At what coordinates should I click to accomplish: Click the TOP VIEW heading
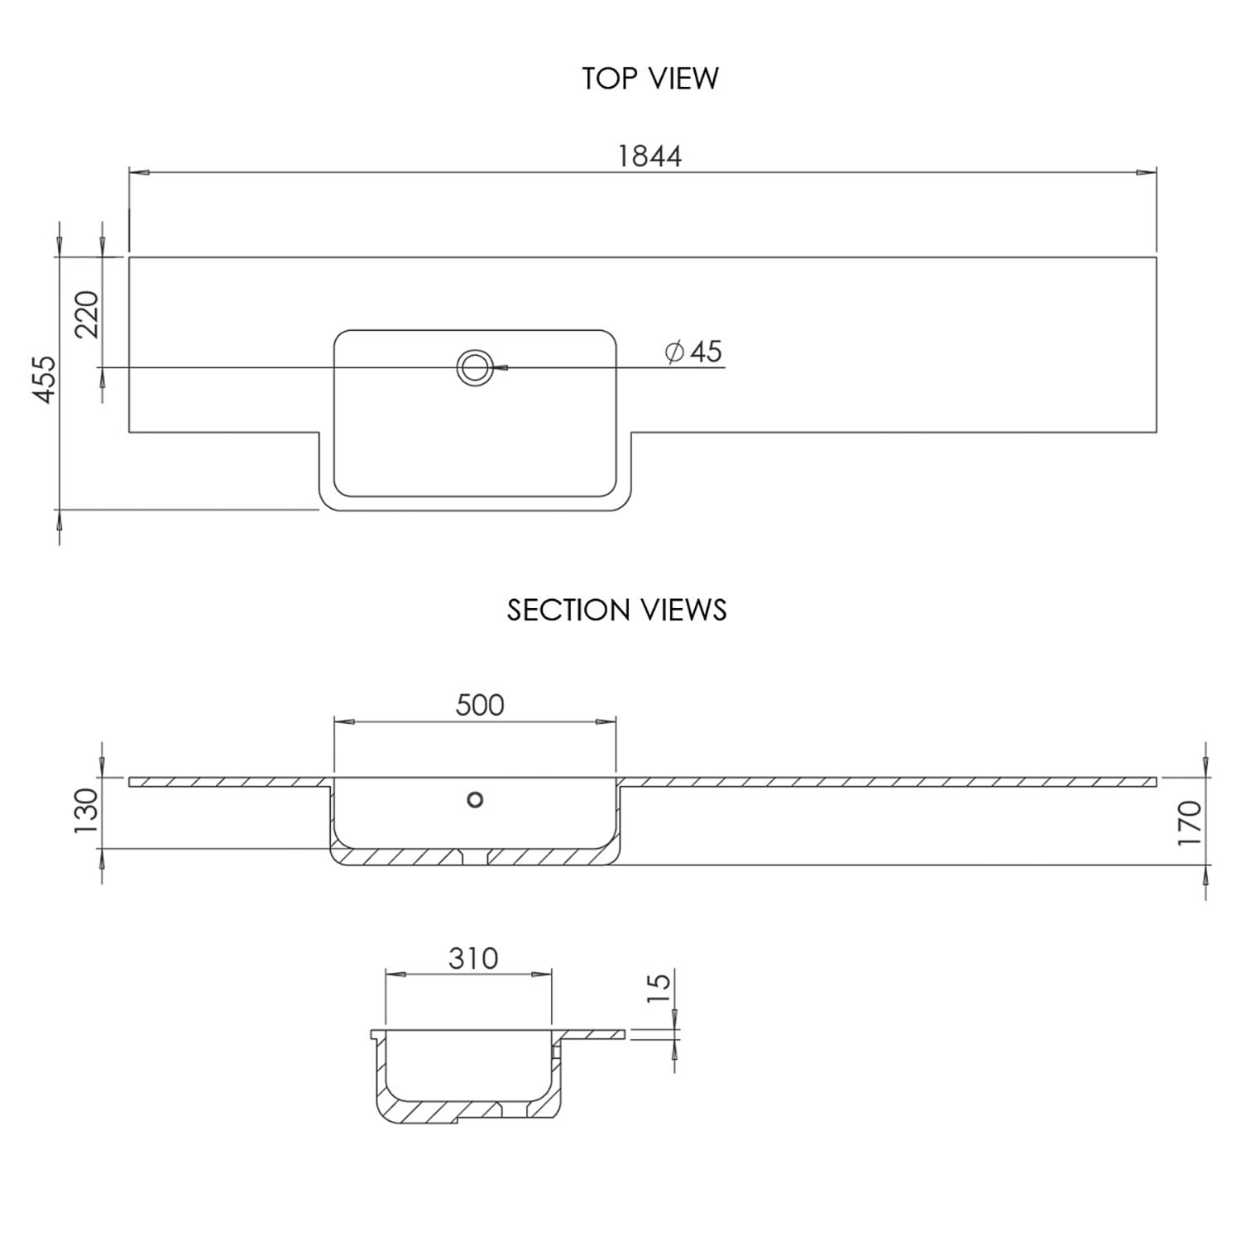[x=650, y=79]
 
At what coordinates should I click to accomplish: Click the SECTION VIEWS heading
[x=616, y=611]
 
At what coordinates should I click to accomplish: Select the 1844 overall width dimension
[x=649, y=156]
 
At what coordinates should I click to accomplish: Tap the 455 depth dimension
[x=45, y=380]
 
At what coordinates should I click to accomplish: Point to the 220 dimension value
[x=87, y=314]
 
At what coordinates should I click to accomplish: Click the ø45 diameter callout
[x=694, y=352]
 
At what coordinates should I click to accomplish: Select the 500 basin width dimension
[x=480, y=705]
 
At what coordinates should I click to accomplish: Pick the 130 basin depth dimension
[x=86, y=811]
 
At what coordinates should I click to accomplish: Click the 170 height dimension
[x=1189, y=822]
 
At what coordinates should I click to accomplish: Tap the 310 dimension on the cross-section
[x=473, y=958]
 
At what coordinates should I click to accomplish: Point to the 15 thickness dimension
[x=659, y=988]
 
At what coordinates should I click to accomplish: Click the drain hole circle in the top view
[x=475, y=367]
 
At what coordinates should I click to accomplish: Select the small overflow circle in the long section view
[x=475, y=800]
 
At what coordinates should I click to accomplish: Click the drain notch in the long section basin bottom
[x=474, y=856]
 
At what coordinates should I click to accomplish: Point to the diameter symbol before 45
[x=674, y=352]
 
